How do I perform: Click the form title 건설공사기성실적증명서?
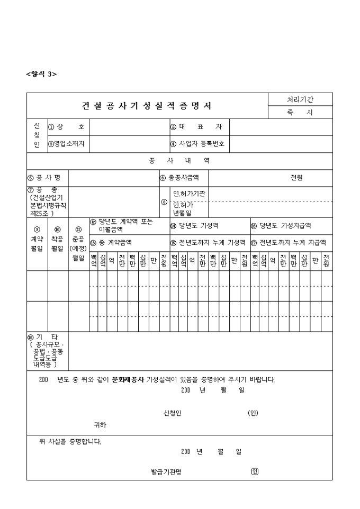click(x=147, y=106)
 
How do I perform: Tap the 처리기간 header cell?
click(x=300, y=99)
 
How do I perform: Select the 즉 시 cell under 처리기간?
click(x=300, y=113)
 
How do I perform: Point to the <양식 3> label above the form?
click(x=41, y=74)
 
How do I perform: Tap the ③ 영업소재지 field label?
click(x=67, y=143)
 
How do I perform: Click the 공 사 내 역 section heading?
click(x=179, y=161)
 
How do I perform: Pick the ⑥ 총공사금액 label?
click(x=179, y=178)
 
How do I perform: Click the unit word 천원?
click(x=296, y=178)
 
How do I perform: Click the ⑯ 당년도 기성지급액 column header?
click(x=281, y=226)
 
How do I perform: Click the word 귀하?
click(x=100, y=425)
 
